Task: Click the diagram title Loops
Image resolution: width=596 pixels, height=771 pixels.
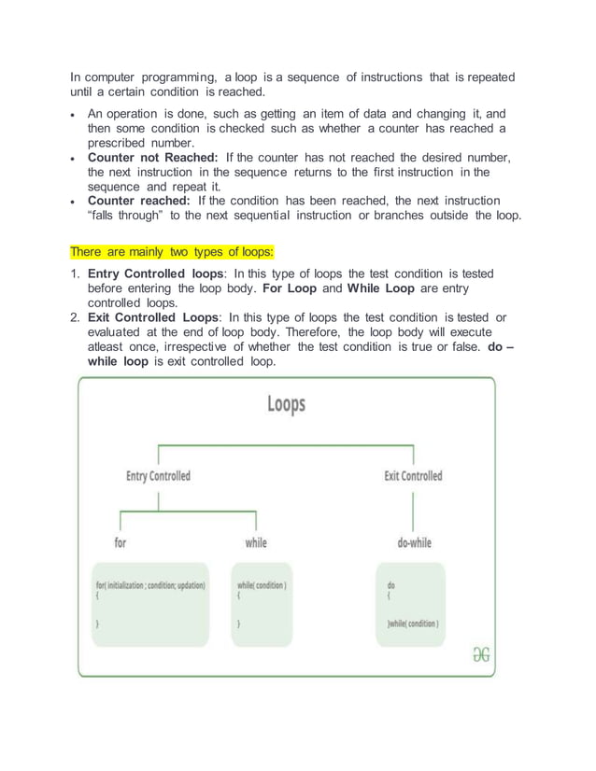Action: click(286, 404)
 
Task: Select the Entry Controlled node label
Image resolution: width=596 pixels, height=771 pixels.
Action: click(158, 476)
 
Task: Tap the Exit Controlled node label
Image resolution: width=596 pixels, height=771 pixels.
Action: click(413, 476)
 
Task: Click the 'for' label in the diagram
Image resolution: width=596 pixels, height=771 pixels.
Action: click(121, 542)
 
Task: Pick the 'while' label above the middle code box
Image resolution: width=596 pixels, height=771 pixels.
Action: click(255, 542)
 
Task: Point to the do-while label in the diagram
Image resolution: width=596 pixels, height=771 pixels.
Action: click(413, 542)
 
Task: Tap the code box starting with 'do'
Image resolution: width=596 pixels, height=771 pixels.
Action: click(413, 603)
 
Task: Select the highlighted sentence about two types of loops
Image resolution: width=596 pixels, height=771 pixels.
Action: click(171, 252)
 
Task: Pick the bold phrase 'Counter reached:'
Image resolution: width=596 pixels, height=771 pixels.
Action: click(139, 201)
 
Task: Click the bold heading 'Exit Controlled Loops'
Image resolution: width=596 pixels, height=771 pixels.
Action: click(155, 317)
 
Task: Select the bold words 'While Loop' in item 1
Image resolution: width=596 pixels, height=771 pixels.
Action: click(382, 288)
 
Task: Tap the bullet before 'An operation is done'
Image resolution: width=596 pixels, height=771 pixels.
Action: click(74, 113)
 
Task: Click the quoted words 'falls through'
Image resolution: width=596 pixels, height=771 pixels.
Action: click(126, 216)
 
